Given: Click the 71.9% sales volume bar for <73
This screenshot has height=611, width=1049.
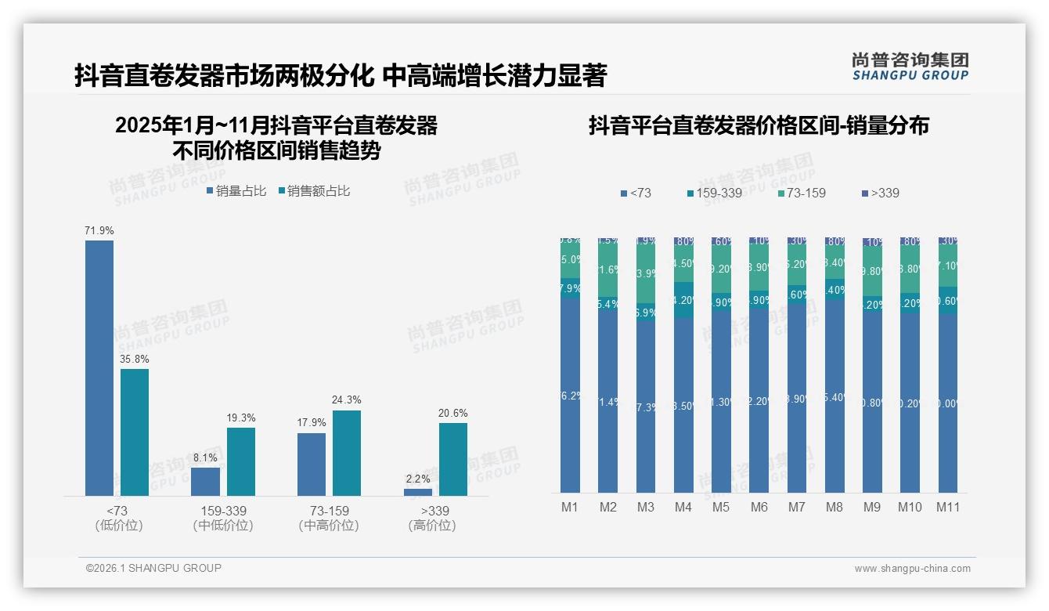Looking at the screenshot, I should [x=99, y=367].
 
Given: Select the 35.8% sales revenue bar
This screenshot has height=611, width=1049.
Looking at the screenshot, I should [x=135, y=432].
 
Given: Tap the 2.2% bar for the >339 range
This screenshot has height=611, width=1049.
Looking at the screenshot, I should [x=418, y=492].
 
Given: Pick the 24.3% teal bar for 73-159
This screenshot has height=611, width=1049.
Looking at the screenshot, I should [x=347, y=453].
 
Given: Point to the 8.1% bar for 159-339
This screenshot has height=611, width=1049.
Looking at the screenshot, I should [x=206, y=481].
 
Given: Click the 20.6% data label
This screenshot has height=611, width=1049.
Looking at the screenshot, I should [x=453, y=413].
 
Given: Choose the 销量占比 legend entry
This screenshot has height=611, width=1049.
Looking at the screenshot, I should [x=236, y=190].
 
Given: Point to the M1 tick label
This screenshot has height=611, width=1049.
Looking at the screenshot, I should [x=570, y=507].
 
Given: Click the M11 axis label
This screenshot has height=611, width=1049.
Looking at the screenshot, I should [x=948, y=507].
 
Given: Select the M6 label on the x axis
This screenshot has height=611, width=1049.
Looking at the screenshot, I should [x=759, y=507].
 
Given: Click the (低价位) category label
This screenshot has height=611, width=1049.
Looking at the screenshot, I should [x=118, y=526].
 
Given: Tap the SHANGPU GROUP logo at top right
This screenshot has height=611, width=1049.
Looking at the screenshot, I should [x=910, y=67].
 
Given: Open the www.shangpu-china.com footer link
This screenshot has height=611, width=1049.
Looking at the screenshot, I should [x=912, y=569].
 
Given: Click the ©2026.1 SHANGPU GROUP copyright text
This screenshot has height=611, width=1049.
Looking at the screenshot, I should [x=153, y=568].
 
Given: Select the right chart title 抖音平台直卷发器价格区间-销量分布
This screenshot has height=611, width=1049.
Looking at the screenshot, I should [x=759, y=126].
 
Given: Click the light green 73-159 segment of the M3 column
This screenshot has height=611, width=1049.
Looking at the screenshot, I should [x=646, y=274].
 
